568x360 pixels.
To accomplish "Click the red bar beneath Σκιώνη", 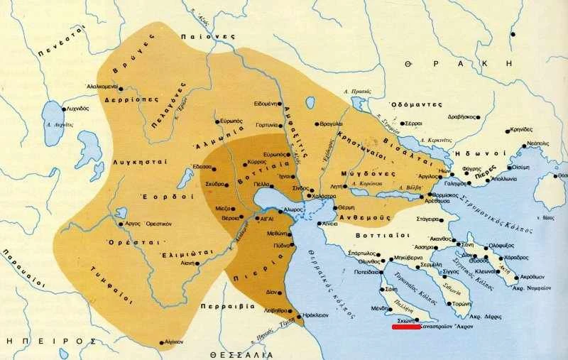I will pyautogui.click(x=405, y=327).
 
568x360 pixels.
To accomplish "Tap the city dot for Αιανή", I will pyautogui.click(x=197, y=263).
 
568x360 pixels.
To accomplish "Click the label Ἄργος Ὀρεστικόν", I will pyautogui.click(x=150, y=224).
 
